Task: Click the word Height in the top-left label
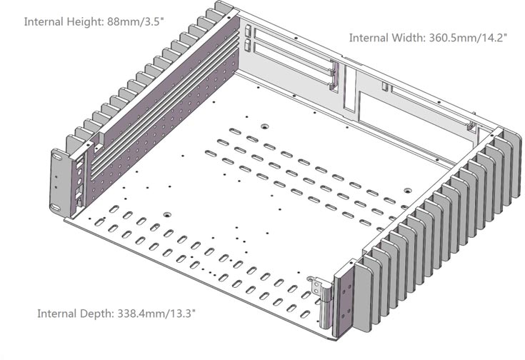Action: click(85, 22)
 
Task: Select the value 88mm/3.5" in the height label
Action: click(136, 22)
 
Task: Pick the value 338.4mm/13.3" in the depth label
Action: click(156, 314)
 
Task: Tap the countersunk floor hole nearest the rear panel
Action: click(265, 127)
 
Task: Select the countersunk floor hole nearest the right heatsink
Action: click(407, 191)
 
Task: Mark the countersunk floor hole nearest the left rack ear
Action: click(167, 214)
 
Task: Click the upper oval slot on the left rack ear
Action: click(57, 156)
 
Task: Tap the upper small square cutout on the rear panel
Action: click(248, 30)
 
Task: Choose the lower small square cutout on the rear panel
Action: click(247, 45)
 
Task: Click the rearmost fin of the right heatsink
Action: click(513, 166)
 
